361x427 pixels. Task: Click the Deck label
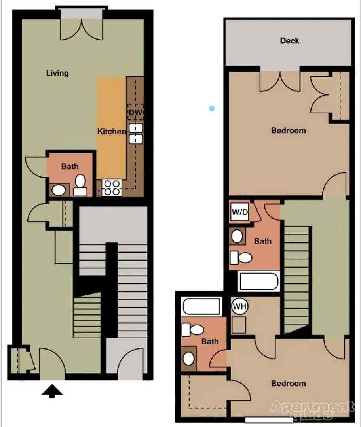[x=289, y=41]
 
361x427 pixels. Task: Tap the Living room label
[x=57, y=73]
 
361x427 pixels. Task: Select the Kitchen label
[x=112, y=132]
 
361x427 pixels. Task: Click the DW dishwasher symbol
[x=135, y=112]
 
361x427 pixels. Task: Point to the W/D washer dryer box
[x=239, y=212]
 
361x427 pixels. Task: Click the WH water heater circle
[x=239, y=306]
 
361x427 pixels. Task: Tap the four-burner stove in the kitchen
[x=112, y=188]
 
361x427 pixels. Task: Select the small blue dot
[x=212, y=109]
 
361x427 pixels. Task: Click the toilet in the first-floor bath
[x=80, y=185]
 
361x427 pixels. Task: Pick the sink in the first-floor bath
[x=59, y=190]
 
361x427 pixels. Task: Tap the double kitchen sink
[x=135, y=134]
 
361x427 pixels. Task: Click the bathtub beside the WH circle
[x=258, y=281]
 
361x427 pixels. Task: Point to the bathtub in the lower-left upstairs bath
[x=201, y=307]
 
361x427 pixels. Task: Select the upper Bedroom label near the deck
[x=289, y=130]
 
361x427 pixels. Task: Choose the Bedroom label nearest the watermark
[x=289, y=384]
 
